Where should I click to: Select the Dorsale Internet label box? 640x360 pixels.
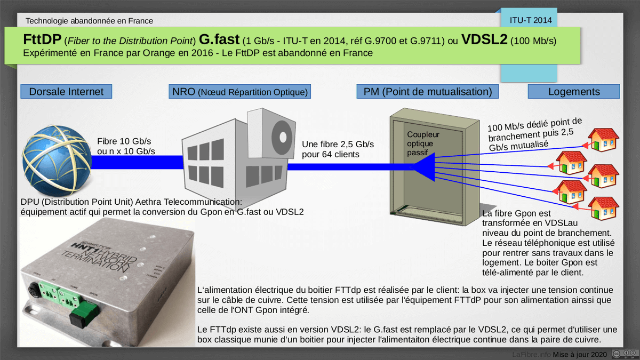66,91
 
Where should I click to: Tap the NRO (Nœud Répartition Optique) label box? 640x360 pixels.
239,91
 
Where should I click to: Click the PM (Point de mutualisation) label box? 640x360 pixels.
427,91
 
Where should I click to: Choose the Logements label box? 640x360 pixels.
574,91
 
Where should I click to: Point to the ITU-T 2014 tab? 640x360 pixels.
531,20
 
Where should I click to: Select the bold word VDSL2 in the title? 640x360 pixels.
484,39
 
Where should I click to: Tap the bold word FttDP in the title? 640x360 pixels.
42,39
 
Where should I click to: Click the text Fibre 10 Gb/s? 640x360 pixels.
124,141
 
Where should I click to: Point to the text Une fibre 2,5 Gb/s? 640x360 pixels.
338,145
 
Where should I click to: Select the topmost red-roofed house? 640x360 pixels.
603,140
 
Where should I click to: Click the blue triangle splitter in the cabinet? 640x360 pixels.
424,167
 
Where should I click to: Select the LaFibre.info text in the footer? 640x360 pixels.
531,354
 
